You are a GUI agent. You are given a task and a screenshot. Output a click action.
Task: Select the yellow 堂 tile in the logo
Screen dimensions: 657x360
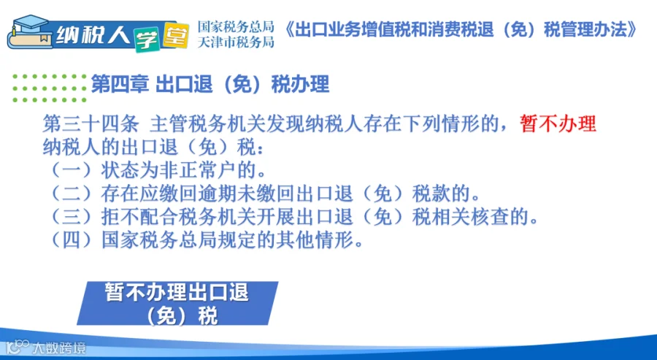(175, 35)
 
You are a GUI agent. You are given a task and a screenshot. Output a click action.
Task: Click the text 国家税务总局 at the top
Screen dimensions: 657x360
(236, 27)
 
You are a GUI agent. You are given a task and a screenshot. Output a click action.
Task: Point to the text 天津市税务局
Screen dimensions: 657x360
(236, 42)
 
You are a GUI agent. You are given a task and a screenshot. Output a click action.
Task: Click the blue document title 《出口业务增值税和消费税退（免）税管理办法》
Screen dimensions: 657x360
(461, 30)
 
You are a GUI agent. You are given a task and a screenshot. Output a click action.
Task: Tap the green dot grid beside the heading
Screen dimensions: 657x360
(50, 88)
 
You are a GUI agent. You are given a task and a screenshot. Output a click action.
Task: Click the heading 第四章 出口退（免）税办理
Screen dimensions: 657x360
(210, 84)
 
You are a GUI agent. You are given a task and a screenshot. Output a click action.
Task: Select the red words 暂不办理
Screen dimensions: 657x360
(558, 123)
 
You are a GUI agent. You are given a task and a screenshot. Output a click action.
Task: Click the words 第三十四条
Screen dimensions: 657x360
(91, 123)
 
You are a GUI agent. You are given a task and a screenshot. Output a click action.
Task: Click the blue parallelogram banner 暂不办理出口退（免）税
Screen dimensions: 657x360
(177, 304)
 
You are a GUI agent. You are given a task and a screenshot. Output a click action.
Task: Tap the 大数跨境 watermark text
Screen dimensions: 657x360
(58, 348)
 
